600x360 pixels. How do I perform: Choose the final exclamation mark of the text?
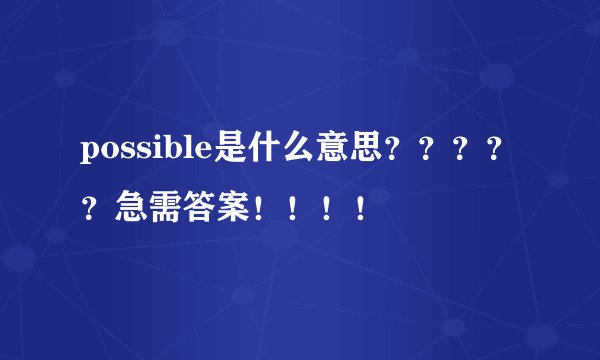(x=358, y=208)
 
